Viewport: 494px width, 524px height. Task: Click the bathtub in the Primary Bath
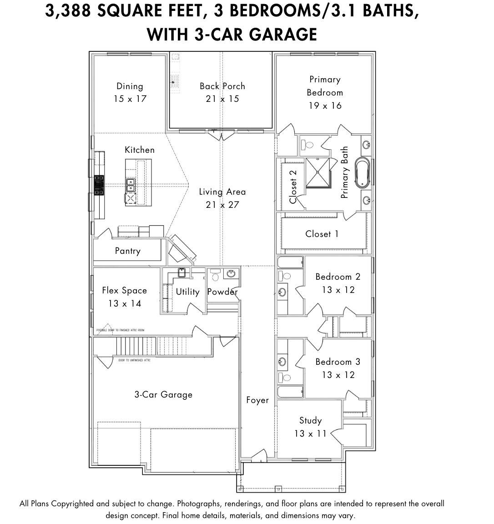[363, 173]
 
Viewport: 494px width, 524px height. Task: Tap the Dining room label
[130, 86]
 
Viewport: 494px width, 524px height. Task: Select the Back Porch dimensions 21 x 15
[222, 99]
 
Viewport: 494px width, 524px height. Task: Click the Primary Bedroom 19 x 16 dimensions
[324, 106]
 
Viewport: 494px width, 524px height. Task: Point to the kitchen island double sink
[131, 184]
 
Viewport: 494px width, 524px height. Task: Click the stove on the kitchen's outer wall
[99, 185]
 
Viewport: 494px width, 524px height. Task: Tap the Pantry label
[127, 251]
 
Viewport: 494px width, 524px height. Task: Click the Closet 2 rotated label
[293, 186]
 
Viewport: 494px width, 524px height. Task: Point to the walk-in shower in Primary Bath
[318, 172]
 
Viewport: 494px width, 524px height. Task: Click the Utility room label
[187, 292]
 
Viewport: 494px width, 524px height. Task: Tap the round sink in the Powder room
[231, 274]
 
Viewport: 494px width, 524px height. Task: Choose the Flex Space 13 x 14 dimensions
[124, 303]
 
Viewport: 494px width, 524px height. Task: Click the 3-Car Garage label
[163, 394]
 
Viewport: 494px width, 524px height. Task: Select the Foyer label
[257, 400]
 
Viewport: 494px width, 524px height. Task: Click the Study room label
[310, 420]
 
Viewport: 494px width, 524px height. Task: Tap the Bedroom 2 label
[338, 277]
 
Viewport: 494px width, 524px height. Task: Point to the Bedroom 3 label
[338, 362]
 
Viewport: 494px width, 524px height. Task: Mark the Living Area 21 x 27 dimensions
[222, 205]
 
